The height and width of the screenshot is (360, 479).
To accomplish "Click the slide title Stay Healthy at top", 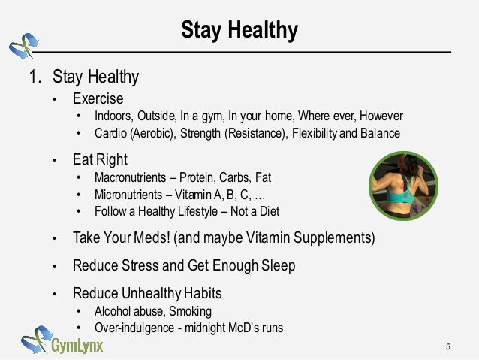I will click(x=239, y=31).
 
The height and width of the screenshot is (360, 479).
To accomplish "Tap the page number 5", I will click(x=448, y=346).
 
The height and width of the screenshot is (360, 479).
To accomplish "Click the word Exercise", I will click(x=98, y=98).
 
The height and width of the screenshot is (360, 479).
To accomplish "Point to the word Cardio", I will click(x=110, y=133).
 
